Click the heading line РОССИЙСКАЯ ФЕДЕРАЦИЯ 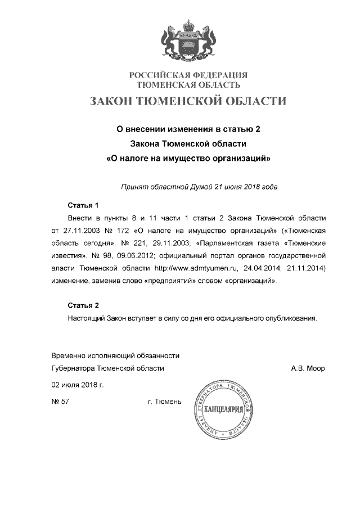point(188,75)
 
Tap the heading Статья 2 point(83,305)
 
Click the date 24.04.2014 point(263,268)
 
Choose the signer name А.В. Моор point(308,368)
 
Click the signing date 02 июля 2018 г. point(78,385)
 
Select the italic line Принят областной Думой point(199,186)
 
